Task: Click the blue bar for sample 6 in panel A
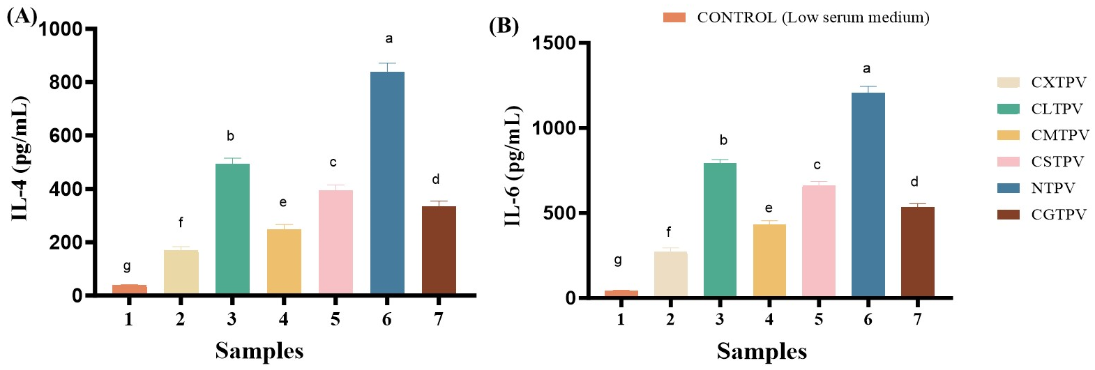click(387, 183)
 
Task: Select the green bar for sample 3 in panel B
click(720, 230)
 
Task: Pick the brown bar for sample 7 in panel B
click(917, 252)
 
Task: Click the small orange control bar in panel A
click(129, 289)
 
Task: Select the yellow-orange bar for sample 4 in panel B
click(769, 261)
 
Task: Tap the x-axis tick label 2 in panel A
click(180, 319)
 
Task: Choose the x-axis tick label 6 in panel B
click(868, 319)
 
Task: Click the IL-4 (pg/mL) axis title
click(20, 159)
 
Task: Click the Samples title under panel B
click(762, 350)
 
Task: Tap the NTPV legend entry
click(1052, 188)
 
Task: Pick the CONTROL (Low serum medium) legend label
click(813, 17)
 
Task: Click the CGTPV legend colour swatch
click(1008, 215)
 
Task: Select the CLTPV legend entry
click(1057, 109)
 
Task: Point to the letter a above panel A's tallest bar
click(388, 39)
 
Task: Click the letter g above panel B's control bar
click(618, 261)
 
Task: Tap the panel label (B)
click(504, 26)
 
